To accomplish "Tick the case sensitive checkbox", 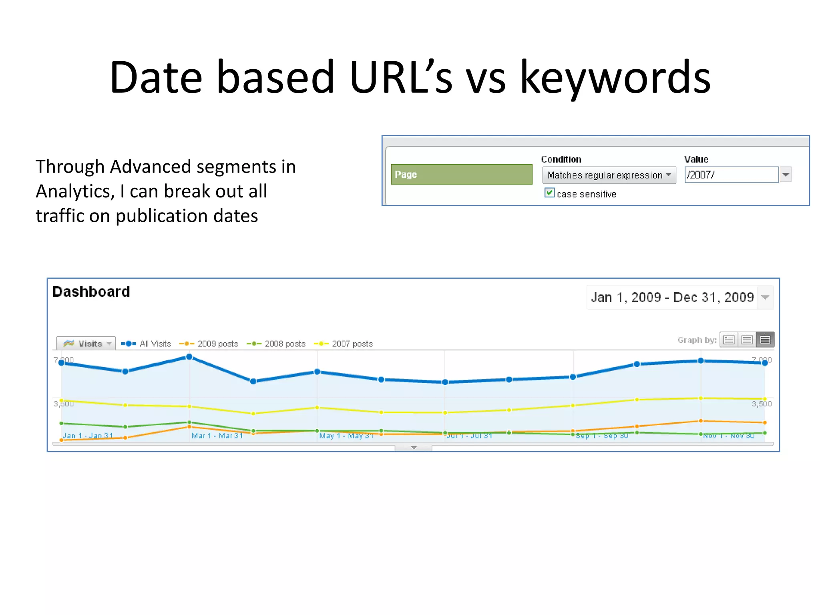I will (x=549, y=193).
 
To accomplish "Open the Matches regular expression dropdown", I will (x=609, y=175).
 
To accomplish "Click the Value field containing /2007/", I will (x=731, y=175).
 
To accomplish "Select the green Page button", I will (x=461, y=175).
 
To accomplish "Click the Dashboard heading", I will (x=91, y=292).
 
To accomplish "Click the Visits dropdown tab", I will (x=86, y=344).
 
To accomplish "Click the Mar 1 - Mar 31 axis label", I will (x=217, y=436).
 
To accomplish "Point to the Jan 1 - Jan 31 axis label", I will (x=88, y=436).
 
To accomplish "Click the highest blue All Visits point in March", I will (x=189, y=357).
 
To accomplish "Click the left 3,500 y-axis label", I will (x=64, y=404).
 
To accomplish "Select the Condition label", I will (x=561, y=159).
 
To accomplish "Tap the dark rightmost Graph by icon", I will (x=765, y=340).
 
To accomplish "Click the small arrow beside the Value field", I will (x=786, y=175).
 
